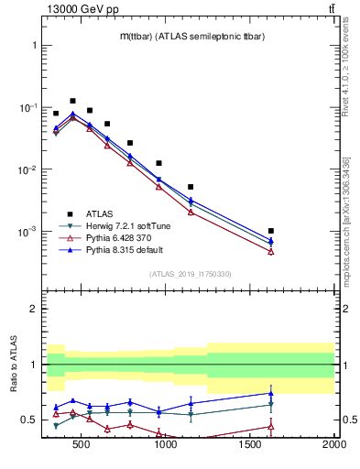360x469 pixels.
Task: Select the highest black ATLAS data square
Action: pos(72,101)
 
